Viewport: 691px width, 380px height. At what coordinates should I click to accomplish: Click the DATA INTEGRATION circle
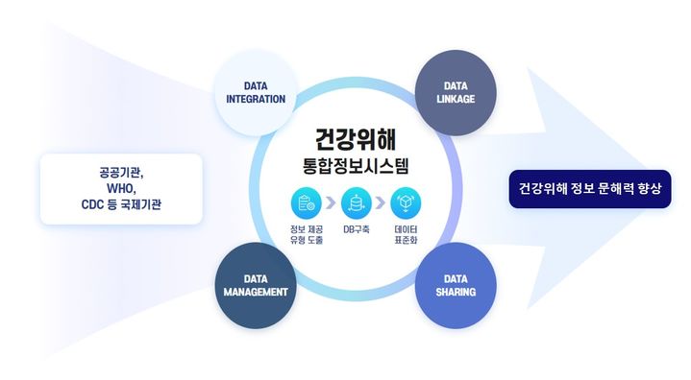click(x=257, y=92)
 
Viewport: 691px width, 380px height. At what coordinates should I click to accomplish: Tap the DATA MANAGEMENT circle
click(x=257, y=285)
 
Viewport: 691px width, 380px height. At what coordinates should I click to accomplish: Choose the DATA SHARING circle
click(x=456, y=285)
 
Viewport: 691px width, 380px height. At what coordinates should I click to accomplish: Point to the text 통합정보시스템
click(x=355, y=165)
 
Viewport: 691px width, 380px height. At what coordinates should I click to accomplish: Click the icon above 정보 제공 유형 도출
click(x=306, y=203)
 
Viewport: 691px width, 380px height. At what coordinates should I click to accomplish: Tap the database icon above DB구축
click(x=356, y=203)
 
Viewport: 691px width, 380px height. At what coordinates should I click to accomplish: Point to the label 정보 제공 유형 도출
click(x=306, y=236)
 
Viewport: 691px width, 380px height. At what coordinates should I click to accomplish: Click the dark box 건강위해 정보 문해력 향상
click(x=589, y=188)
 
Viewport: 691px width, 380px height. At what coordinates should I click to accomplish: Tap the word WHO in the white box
click(x=121, y=189)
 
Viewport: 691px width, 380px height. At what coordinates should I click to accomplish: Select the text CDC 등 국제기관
click(x=121, y=205)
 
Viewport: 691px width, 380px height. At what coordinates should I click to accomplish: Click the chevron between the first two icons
click(x=331, y=203)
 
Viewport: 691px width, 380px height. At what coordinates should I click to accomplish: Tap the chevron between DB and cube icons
click(x=381, y=203)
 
